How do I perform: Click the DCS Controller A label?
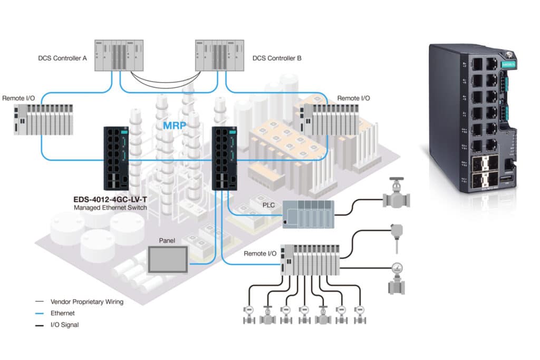[x=63, y=59]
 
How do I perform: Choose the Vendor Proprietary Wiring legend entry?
[x=86, y=302]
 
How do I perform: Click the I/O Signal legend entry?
[x=64, y=325]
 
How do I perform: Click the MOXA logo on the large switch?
[x=508, y=64]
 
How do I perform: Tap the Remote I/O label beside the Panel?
[x=260, y=254]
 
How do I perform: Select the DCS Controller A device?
[x=118, y=55]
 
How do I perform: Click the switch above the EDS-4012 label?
[x=116, y=158]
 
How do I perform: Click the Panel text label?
[x=167, y=240]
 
